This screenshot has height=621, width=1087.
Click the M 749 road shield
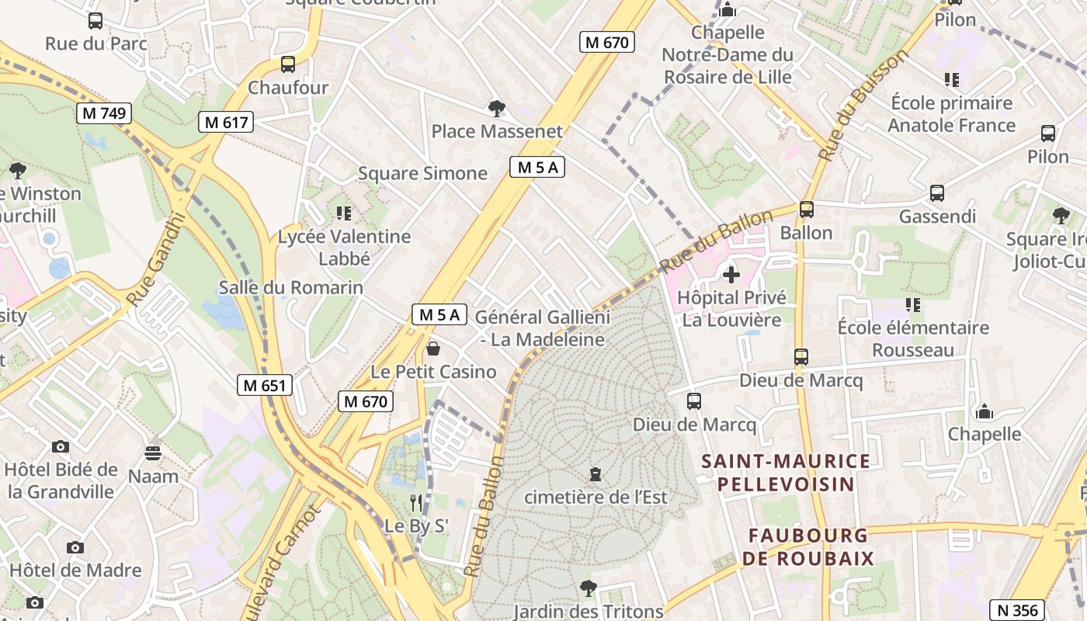click(105, 113)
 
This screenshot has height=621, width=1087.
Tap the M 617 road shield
click(226, 122)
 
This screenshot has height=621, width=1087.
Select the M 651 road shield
click(265, 385)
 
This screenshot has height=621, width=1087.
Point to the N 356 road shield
click(1014, 609)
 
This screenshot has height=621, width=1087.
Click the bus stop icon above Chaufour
click(288, 64)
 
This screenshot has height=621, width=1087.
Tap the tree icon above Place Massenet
click(496, 108)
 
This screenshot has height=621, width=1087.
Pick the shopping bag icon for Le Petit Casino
click(433, 349)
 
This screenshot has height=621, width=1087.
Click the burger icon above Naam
click(153, 453)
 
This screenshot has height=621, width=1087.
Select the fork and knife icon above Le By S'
click(416, 503)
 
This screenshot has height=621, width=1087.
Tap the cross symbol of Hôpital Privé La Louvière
click(731, 274)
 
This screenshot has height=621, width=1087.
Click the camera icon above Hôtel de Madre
click(75, 547)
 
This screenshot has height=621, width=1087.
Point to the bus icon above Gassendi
click(937, 193)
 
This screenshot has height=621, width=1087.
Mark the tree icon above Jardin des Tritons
click(589, 588)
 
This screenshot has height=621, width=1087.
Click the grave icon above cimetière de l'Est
click(596, 474)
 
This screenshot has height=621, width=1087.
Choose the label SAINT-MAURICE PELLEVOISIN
click(786, 473)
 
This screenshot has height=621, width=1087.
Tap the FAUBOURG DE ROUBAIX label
click(807, 546)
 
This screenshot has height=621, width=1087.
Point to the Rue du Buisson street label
click(863, 106)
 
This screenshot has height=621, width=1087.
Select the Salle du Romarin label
click(291, 287)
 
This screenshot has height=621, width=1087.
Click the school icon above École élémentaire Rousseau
click(912, 305)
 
